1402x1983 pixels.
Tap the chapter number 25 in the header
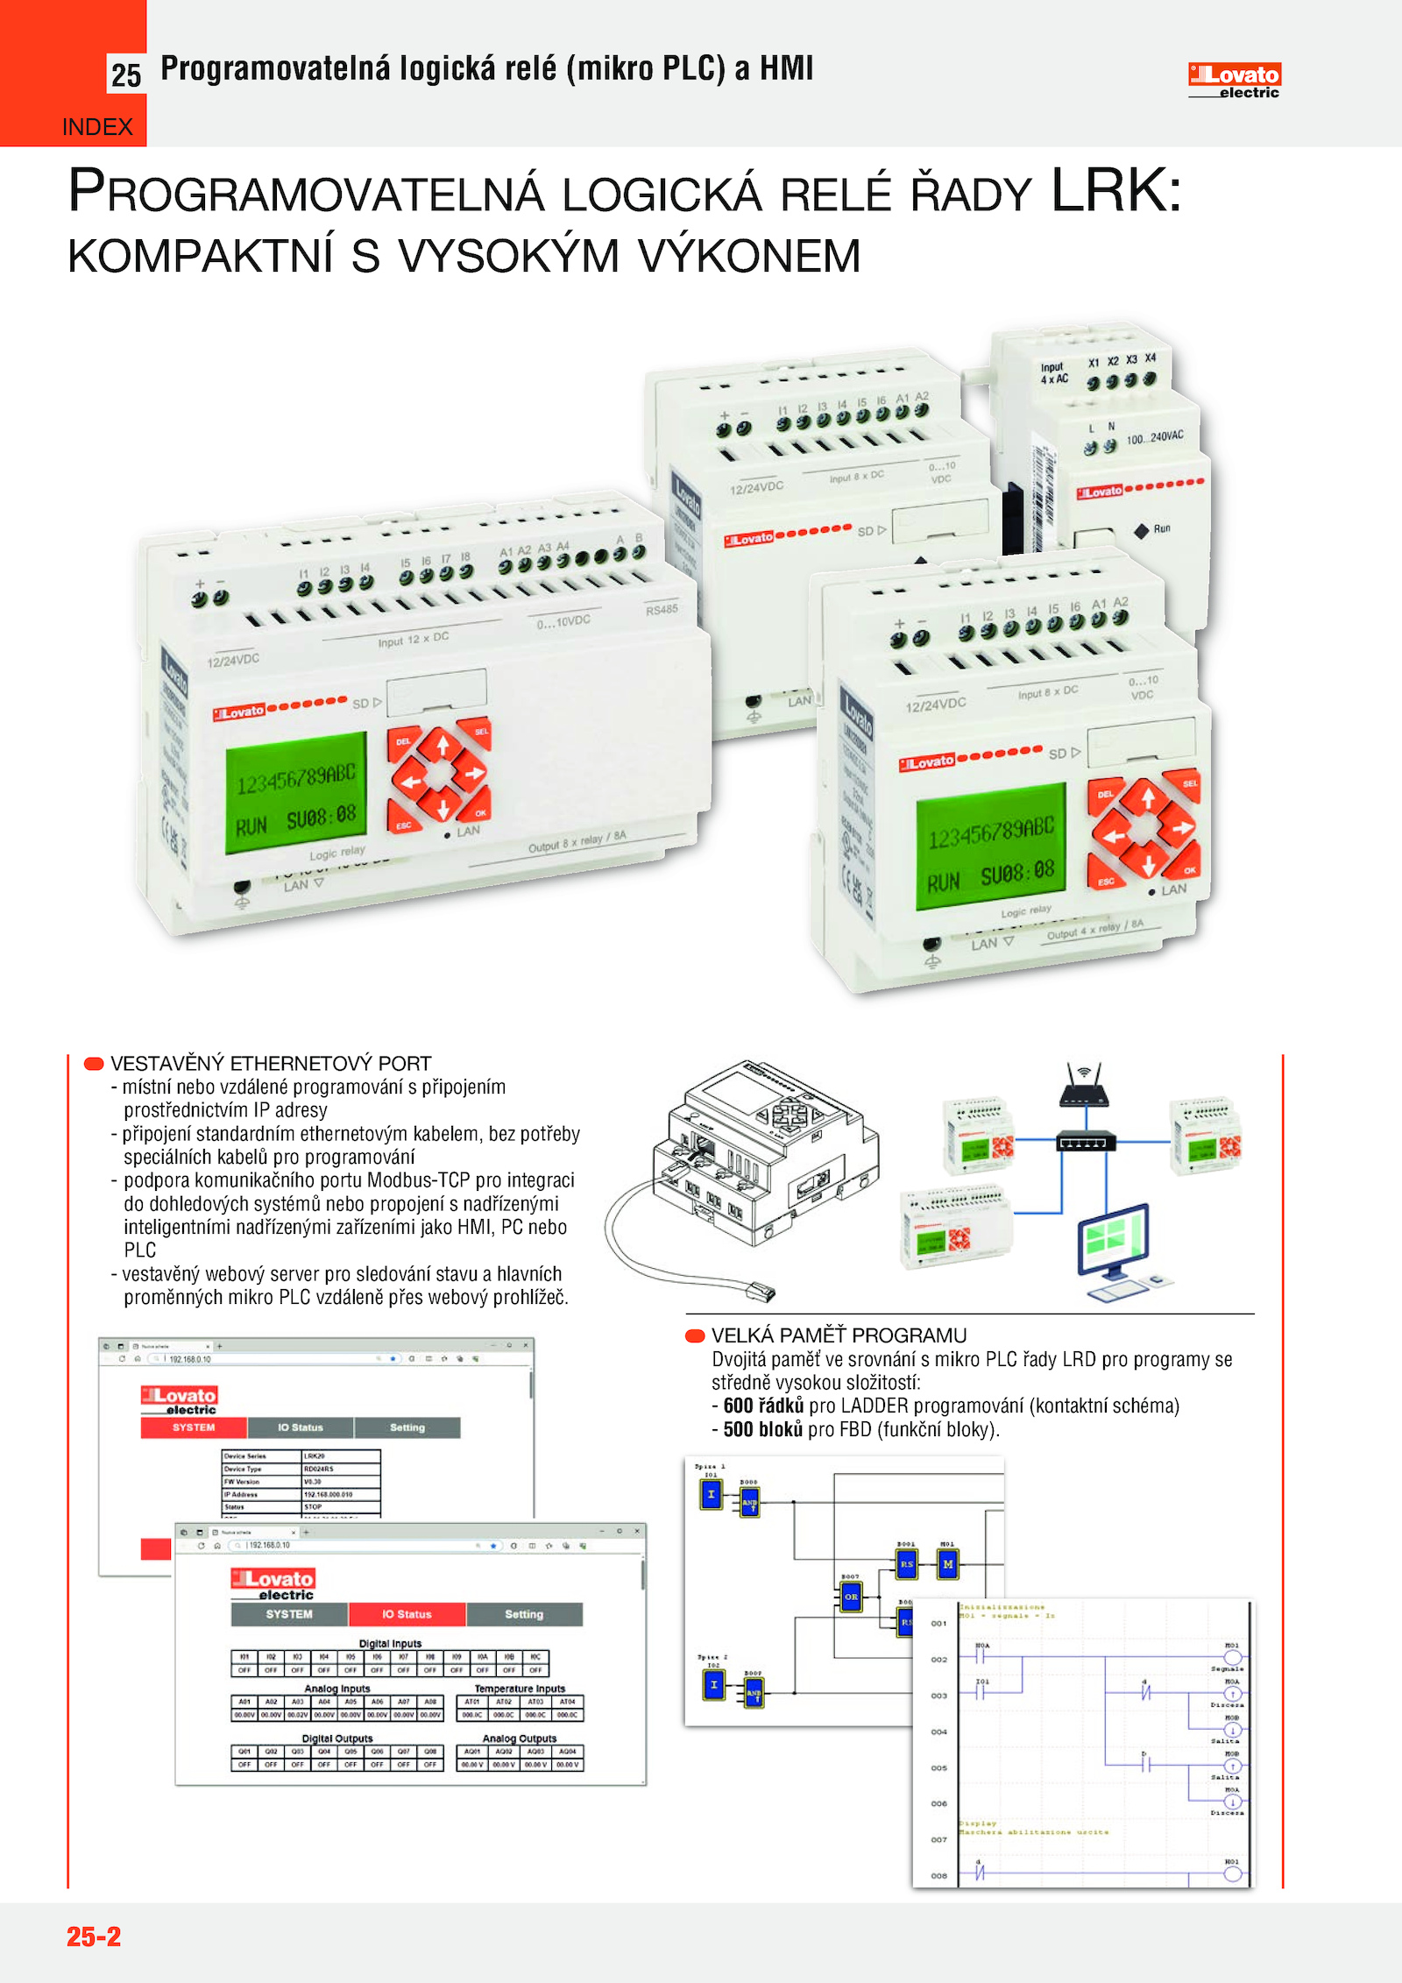pos(126,75)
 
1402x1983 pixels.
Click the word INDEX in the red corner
pos(97,127)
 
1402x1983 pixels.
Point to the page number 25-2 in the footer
pos(94,1936)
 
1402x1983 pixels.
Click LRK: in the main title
pos(1116,190)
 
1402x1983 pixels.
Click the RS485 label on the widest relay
pos(662,610)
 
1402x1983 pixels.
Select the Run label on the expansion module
pos(1162,528)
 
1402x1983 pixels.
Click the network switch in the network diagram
pos(1086,1142)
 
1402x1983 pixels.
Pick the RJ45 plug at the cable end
pos(759,1289)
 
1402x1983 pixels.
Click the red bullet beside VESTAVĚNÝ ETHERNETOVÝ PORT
pos(94,1064)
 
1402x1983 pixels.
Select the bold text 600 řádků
pos(763,1406)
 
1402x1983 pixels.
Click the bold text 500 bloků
pos(762,1429)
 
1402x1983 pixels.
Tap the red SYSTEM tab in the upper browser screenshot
pos(194,1427)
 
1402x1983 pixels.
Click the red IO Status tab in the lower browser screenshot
pos(407,1614)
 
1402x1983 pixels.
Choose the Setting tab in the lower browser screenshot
pos(524,1614)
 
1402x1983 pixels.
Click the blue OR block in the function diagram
pos(851,1597)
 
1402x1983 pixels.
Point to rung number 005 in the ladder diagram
pos(938,1767)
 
